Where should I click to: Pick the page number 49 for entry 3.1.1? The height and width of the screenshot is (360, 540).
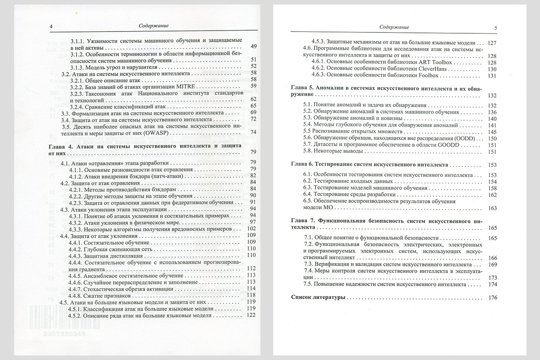(252, 46)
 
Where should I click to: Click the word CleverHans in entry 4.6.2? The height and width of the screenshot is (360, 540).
(436, 69)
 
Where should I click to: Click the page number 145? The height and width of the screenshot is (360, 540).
(491, 131)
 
